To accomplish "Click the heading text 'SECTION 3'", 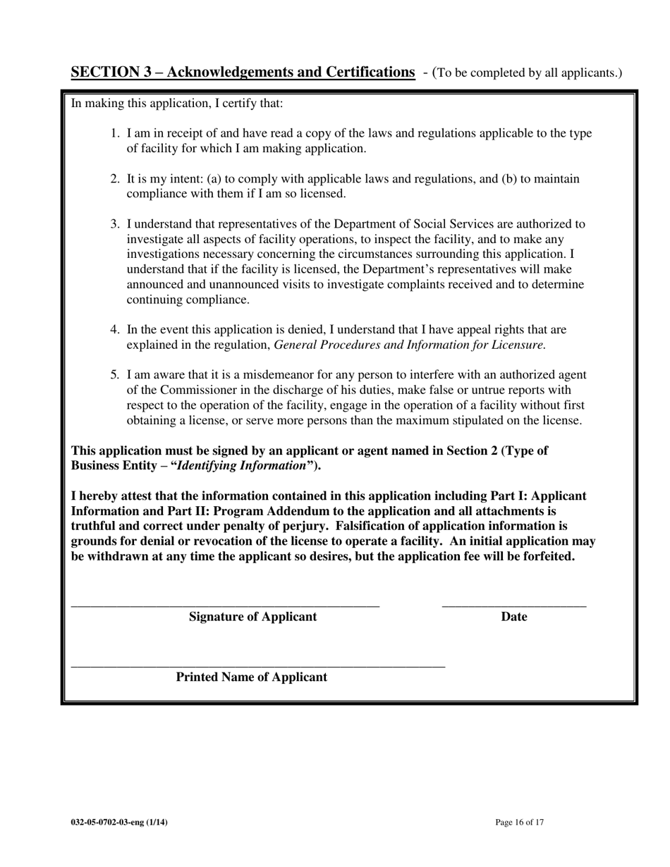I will click(111, 73).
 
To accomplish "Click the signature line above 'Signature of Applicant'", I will click(225, 605).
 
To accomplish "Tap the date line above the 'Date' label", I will click(513, 605).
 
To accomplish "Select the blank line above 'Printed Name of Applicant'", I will click(258, 666).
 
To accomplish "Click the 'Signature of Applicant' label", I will click(252, 617).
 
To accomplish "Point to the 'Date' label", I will click(514, 617).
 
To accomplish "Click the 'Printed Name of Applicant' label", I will click(251, 677).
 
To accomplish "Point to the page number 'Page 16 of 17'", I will click(520, 822).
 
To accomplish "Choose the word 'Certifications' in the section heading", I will click(367, 73).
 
